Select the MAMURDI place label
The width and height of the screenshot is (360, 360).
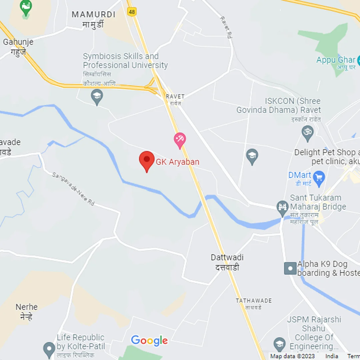94,15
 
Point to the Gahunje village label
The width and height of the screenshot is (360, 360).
18,42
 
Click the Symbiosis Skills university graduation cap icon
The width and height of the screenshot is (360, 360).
97,97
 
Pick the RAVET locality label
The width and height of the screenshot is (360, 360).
175,96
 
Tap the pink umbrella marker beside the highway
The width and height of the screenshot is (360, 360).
180,139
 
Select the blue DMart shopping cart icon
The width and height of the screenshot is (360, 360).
319,178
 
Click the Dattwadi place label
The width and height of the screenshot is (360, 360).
227,258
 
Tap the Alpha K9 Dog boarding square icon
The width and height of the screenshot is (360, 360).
290,268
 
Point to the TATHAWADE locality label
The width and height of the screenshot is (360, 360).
254,301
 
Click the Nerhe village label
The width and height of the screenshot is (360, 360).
27,307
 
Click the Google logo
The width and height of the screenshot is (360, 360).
149,340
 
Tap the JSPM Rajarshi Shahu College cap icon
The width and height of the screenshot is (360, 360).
279,344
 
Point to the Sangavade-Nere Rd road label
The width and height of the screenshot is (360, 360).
73,189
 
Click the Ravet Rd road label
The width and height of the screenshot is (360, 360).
226,28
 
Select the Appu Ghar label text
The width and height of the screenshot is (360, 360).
336,60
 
